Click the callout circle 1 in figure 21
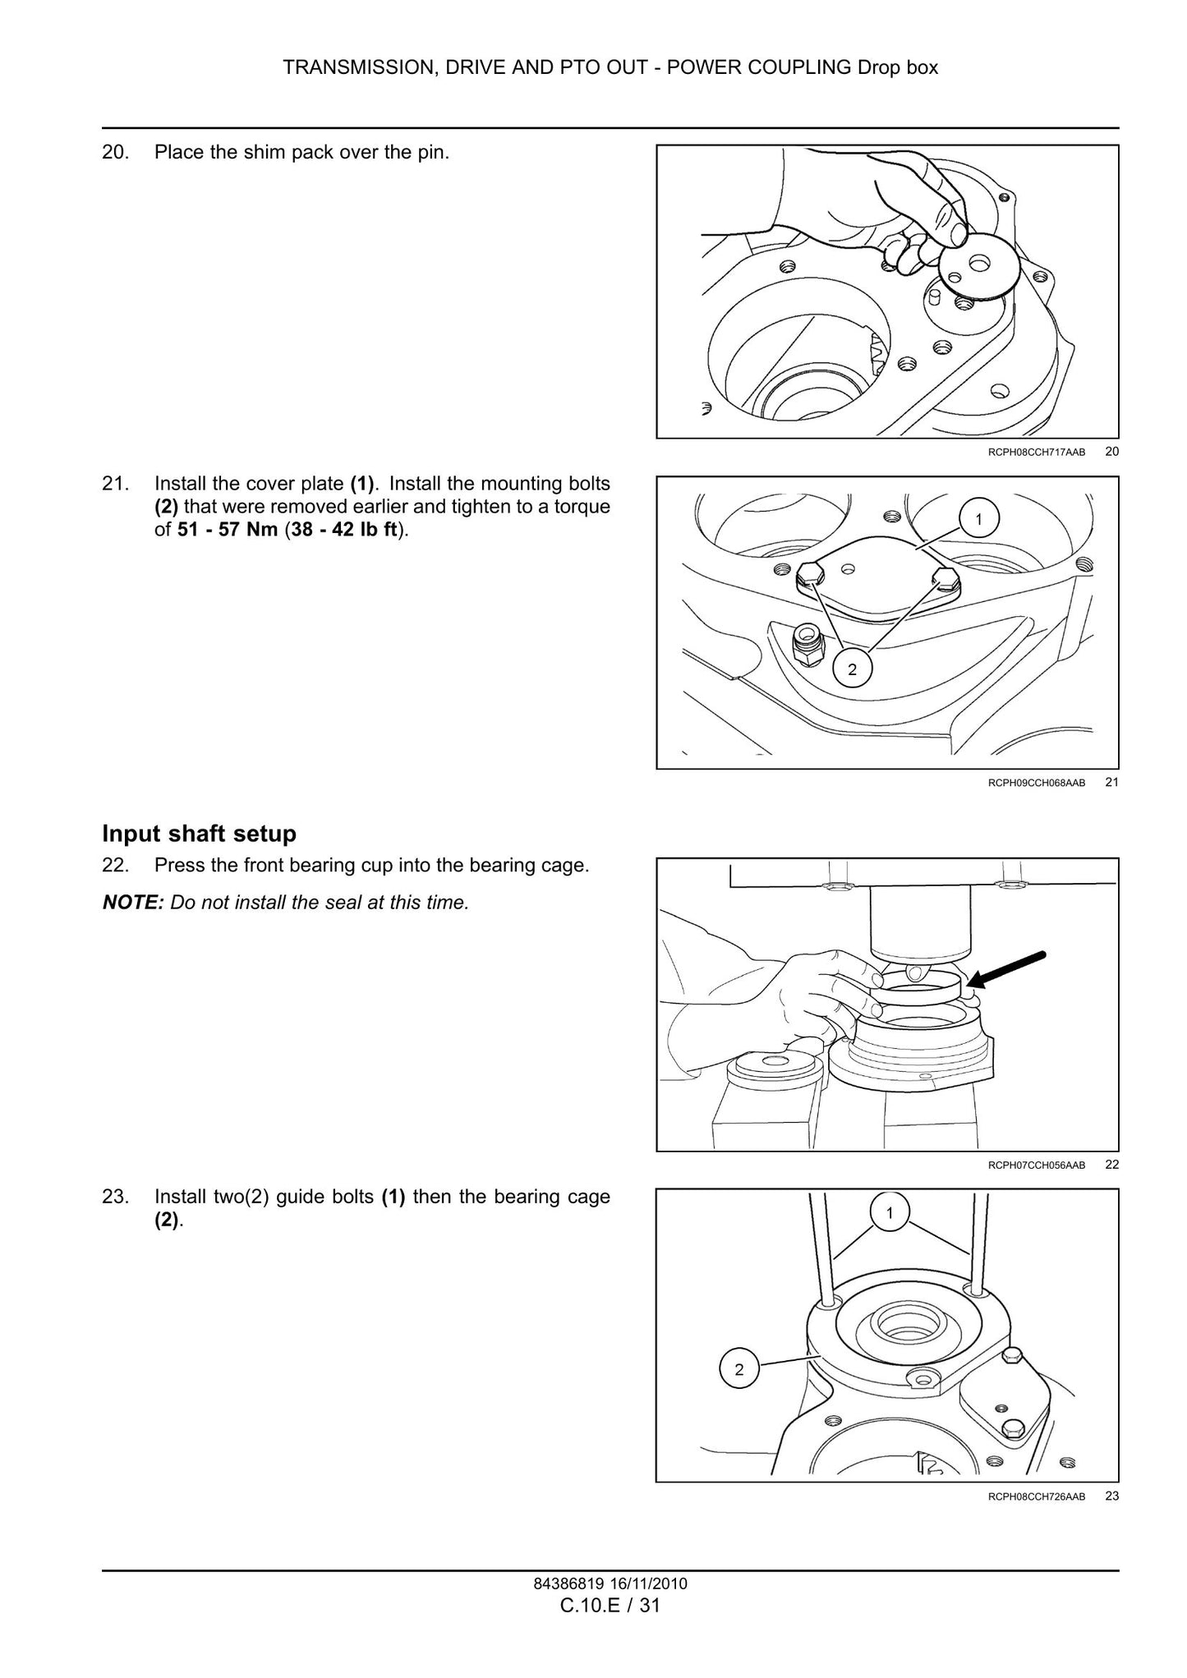(978, 519)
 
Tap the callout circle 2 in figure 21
(852, 669)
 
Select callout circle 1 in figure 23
(889, 1213)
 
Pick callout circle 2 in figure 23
(738, 1370)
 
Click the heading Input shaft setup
(199, 834)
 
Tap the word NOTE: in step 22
(133, 903)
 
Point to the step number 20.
(116, 153)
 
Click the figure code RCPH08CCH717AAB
(1037, 453)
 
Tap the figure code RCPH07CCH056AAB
(1037, 1165)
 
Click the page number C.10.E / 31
(610, 1605)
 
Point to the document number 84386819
(566, 1584)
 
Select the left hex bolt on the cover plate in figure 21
(810, 577)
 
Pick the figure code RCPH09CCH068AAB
(1037, 784)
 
